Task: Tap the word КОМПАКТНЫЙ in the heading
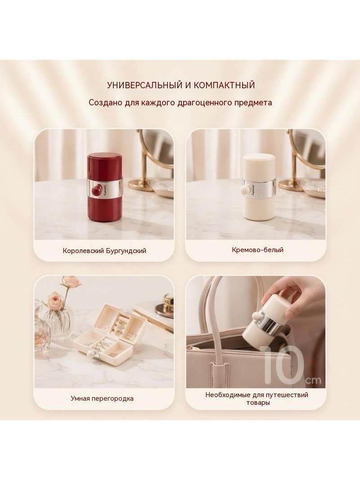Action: coord(224,85)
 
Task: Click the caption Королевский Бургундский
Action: coord(104,251)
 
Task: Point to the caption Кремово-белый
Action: coord(257,250)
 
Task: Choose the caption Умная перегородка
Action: coord(102,398)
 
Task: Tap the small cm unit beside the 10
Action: coord(313,380)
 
